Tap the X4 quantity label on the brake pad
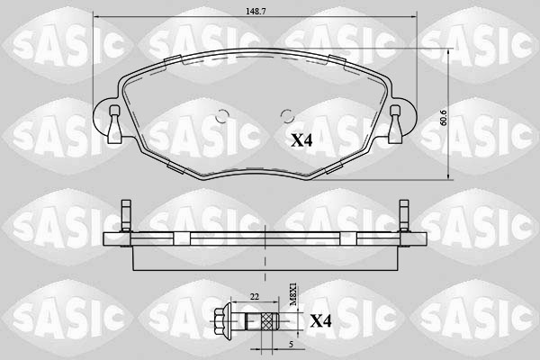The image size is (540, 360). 302,140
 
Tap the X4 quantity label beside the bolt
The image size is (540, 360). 320,321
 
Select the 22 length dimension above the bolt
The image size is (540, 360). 255,298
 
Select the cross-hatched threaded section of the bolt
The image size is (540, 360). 267,320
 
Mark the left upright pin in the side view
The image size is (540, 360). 127,217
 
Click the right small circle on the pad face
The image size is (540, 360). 287,114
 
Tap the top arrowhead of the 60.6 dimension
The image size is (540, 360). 451,51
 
